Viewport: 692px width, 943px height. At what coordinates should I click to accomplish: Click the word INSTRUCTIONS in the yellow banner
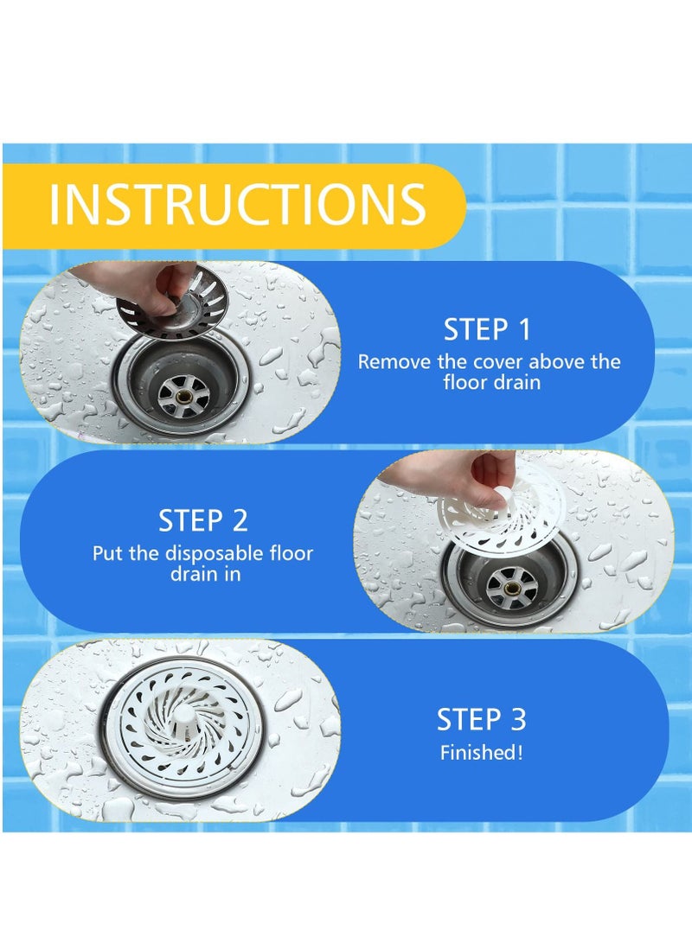point(237,204)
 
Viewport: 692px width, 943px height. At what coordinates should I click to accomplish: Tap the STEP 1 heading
point(487,329)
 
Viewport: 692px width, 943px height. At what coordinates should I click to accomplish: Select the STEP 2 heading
point(202,520)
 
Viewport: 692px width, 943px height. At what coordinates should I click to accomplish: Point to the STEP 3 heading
point(481,719)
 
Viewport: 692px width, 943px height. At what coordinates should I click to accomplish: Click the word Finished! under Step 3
point(481,752)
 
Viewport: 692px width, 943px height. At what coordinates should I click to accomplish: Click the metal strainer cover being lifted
point(173,306)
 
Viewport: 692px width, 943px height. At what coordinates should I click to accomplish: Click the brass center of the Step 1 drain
point(183,396)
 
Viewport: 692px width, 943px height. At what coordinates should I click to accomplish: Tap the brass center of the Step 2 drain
point(512,589)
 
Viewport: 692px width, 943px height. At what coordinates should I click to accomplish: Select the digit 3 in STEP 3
point(517,719)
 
